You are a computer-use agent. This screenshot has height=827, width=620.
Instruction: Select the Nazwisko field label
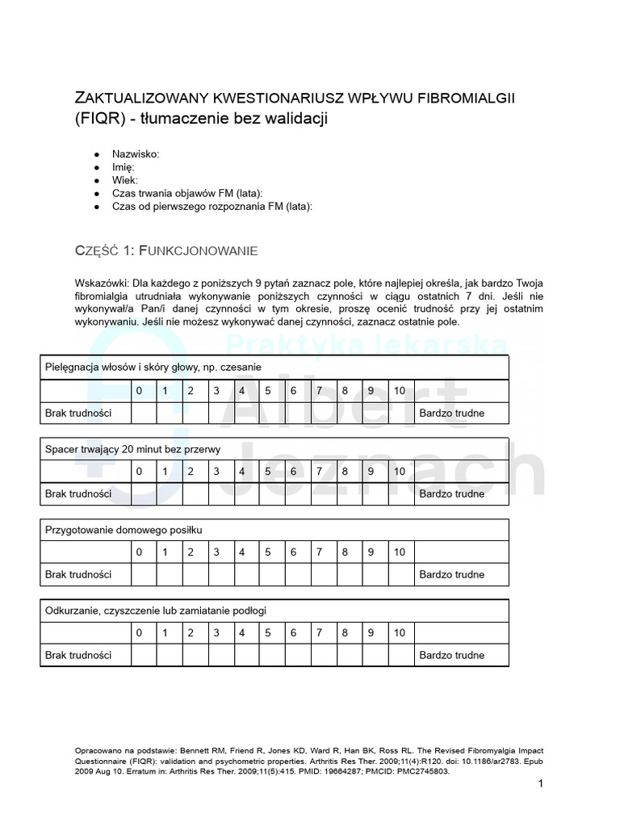click(x=136, y=153)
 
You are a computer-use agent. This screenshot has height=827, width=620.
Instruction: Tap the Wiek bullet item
click(x=125, y=179)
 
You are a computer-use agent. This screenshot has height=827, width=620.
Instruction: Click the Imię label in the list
click(x=124, y=166)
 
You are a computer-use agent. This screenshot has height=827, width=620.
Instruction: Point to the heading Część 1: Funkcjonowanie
click(x=166, y=251)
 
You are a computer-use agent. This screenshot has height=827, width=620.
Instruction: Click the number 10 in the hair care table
click(x=400, y=391)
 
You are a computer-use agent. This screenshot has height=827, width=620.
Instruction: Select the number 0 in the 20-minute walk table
click(x=139, y=472)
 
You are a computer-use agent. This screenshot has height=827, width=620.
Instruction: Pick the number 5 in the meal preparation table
click(x=268, y=552)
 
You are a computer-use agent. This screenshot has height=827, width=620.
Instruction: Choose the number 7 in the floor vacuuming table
click(x=320, y=633)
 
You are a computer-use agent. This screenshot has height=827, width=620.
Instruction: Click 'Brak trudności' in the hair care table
click(x=77, y=413)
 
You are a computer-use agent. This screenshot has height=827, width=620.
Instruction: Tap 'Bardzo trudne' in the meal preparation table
click(x=452, y=575)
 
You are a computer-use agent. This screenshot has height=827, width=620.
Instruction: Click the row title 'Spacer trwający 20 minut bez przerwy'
click(x=132, y=449)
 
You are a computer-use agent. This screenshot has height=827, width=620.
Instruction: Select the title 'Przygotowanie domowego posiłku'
click(x=124, y=530)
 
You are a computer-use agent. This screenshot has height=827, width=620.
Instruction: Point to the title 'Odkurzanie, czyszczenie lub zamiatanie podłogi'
click(x=156, y=611)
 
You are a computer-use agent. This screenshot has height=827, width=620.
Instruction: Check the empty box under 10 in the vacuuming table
click(x=401, y=655)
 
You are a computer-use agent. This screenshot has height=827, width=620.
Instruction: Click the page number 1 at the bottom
click(x=541, y=784)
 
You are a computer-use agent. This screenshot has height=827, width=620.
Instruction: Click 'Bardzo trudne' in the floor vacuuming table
click(x=452, y=656)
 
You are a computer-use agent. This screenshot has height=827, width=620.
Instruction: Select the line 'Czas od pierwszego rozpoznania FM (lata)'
click(x=212, y=206)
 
